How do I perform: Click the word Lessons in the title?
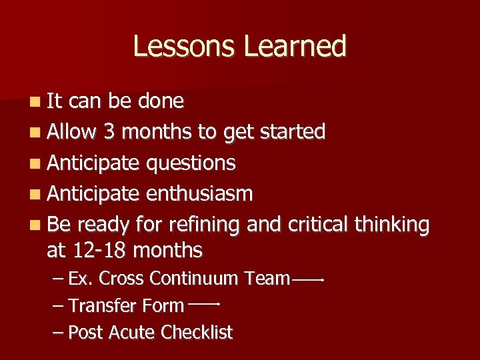point(184,47)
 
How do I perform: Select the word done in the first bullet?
point(161,101)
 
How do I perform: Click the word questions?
point(191,163)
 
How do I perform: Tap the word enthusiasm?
point(199,194)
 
